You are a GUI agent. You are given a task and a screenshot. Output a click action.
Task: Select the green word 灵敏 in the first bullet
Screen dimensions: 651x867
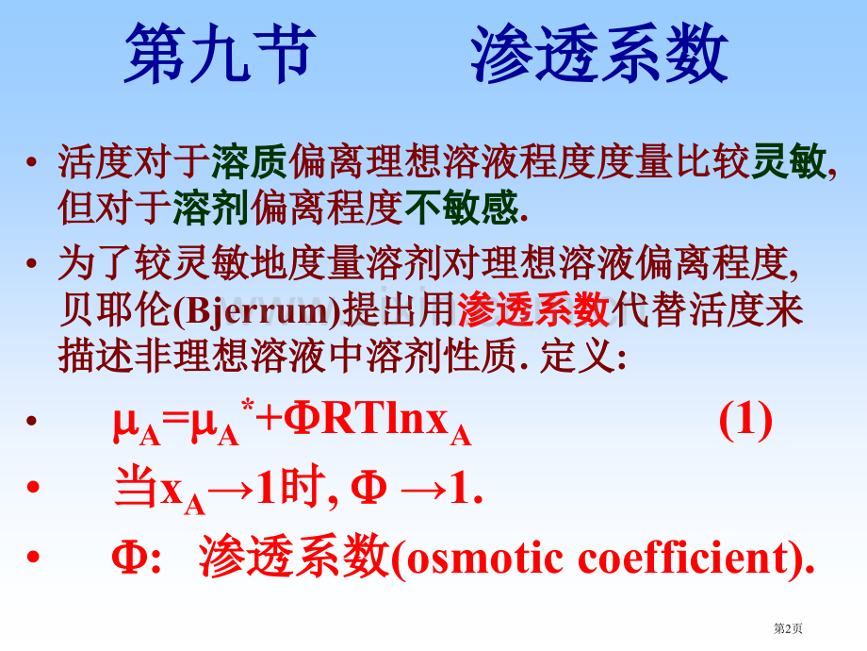791,161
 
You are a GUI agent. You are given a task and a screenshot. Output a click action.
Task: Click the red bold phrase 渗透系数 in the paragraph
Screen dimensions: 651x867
534,309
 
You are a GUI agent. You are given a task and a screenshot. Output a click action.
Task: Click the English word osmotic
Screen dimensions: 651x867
482,559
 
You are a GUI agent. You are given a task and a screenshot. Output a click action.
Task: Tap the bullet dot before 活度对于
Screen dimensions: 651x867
34,162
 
